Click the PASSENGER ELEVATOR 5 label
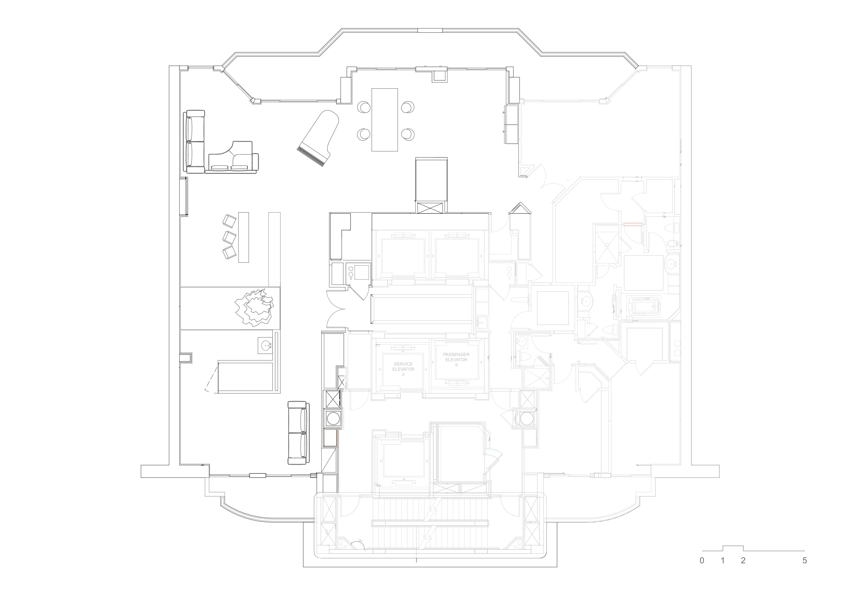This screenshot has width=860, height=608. coord(456,359)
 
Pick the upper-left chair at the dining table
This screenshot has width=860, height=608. coord(364,107)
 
